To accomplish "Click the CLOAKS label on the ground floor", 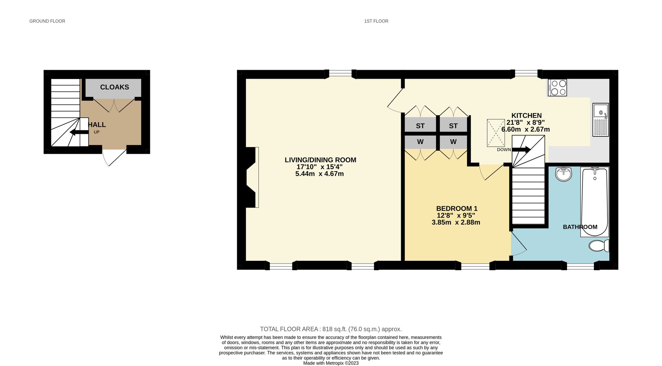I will [115, 87].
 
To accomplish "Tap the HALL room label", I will [97, 125].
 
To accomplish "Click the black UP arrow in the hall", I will [79, 133].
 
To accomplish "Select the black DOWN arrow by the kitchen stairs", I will [521, 149].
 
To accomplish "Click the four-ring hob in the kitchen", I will [557, 88].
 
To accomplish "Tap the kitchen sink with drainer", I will [600, 120].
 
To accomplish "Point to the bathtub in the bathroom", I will [594, 202].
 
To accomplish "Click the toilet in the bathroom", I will [599, 246].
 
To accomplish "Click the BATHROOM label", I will [580, 227].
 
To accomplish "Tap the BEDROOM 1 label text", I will [456, 209].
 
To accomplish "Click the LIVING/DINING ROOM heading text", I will [320, 160].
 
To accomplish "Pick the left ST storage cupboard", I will [420, 126].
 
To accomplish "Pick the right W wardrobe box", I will [453, 142].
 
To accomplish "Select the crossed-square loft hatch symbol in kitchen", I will [496, 133].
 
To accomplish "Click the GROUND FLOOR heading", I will [47, 21].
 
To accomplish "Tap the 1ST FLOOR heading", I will [376, 21].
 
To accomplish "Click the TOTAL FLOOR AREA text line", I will [331, 329].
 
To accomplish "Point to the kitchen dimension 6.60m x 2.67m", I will [525, 130].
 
